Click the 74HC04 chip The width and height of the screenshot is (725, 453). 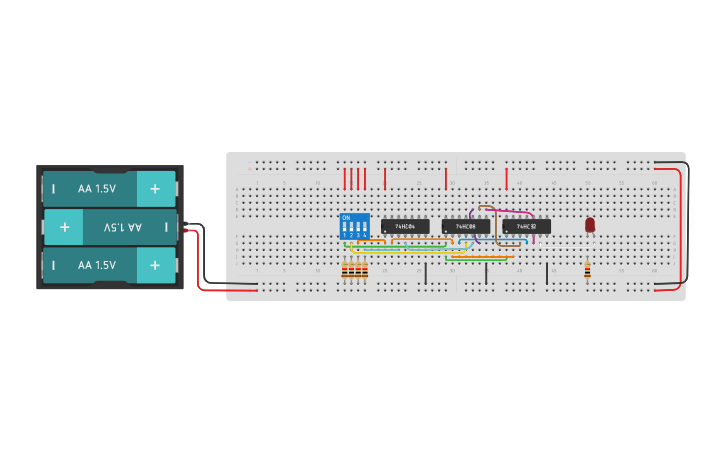point(405,226)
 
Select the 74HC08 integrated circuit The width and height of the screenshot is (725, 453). point(466,226)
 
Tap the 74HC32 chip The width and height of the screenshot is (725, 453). point(527,226)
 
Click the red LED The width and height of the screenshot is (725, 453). point(590,225)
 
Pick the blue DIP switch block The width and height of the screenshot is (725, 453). point(354,226)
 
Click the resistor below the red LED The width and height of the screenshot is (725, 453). point(587,269)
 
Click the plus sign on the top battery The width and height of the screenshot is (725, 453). point(155,188)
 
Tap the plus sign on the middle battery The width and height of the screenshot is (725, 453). point(64,227)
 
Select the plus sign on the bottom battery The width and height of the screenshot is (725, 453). point(155,265)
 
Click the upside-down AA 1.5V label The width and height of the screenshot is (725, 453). point(122,227)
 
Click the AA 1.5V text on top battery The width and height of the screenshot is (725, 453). point(97,188)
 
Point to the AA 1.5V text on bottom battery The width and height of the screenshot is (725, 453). point(97,265)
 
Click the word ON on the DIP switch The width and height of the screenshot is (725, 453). point(346,216)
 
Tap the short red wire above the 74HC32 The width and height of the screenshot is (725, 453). point(507,178)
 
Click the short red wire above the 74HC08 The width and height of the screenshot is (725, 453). point(446,178)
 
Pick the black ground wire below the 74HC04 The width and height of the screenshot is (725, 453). point(425,273)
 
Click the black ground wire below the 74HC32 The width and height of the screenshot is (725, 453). point(547,273)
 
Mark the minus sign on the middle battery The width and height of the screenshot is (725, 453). point(166,227)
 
